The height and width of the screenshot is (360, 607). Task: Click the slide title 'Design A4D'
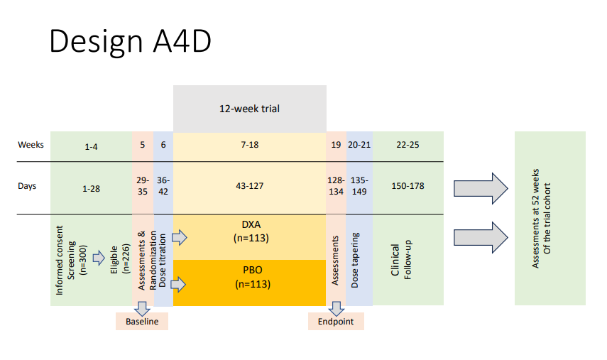(130, 43)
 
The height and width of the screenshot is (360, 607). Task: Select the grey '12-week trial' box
(249, 109)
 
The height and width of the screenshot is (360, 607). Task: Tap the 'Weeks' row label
(31, 145)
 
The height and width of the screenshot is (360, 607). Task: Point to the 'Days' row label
(28, 187)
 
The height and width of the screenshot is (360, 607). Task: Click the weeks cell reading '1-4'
(92, 146)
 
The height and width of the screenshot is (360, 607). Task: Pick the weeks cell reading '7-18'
(249, 145)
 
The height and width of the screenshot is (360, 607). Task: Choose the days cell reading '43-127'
(249, 187)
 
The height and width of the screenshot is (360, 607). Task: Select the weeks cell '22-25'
(408, 145)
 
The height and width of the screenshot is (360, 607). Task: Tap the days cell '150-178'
(408, 187)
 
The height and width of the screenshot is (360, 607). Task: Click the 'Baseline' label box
(142, 322)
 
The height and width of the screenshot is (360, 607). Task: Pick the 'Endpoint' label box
(336, 322)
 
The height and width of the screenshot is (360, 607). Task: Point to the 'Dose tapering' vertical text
(356, 259)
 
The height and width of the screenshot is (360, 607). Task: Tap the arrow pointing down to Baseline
(142, 307)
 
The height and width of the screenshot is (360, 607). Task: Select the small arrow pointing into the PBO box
(180, 284)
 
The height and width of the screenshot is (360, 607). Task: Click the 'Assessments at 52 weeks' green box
(549, 218)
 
